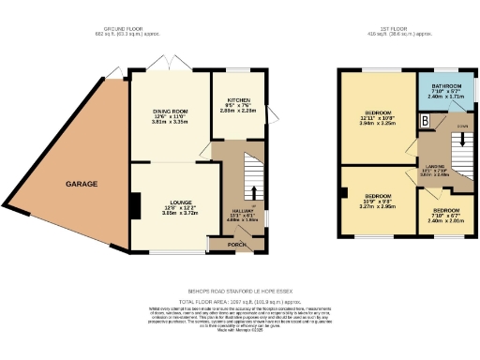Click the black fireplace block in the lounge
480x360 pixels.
point(136,203)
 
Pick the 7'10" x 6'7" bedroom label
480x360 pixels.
point(446,211)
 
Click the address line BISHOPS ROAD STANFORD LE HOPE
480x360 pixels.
point(241,265)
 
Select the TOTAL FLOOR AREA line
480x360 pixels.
point(240,278)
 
